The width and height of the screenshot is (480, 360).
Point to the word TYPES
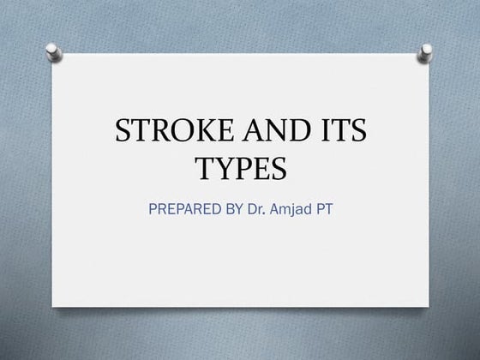(239, 169)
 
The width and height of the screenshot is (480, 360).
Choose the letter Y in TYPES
(223, 169)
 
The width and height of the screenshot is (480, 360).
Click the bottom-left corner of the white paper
(53, 308)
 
